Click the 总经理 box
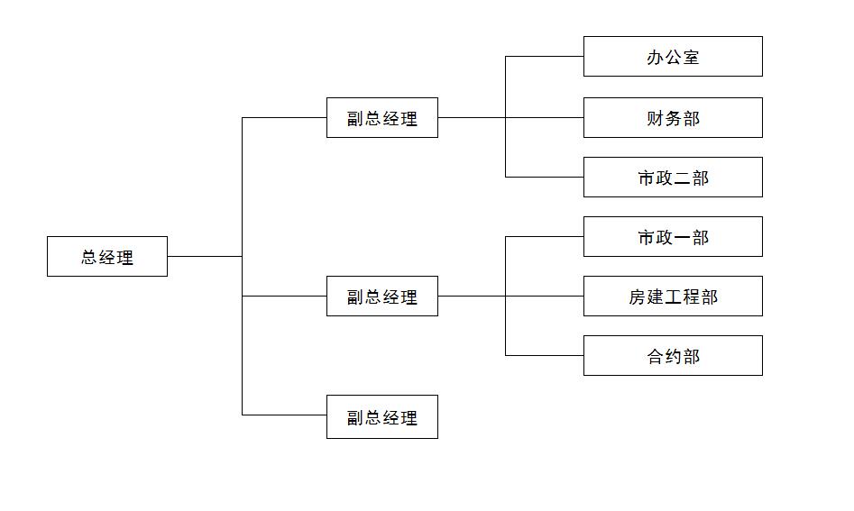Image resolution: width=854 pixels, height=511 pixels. coord(106,256)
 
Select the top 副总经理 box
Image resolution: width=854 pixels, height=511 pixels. coord(381,117)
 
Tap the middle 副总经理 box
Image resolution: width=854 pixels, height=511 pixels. coord(381,296)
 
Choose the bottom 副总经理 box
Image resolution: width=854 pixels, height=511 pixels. coord(381,416)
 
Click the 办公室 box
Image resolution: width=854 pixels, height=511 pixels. coord(673,56)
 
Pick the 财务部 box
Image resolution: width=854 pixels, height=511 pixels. coord(673,117)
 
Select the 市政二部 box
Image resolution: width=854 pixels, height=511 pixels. coord(673,177)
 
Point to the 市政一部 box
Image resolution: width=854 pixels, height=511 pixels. coord(673,236)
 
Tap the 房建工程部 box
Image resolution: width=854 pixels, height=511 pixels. coord(673,296)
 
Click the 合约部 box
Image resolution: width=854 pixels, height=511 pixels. coord(673,355)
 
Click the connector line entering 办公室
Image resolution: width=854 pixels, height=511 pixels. coord(544,56)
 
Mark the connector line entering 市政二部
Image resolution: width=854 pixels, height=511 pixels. coord(544,177)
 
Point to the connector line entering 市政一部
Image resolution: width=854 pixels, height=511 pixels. coord(544,236)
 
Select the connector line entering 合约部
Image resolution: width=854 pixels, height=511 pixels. coord(544,355)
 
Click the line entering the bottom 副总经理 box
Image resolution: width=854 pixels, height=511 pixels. coord(284,415)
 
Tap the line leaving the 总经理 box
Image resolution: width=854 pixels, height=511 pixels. coord(204,256)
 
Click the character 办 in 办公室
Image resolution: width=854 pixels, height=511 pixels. coord(656,58)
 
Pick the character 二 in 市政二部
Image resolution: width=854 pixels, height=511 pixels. coord(682,178)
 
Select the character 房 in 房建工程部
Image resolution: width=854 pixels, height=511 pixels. coord(638,297)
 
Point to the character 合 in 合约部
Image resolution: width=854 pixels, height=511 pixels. coord(656,357)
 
